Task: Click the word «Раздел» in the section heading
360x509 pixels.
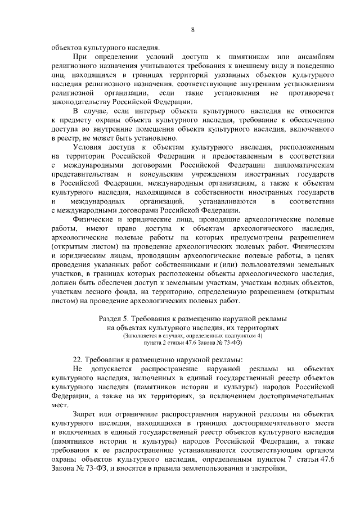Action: pos(111,318)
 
